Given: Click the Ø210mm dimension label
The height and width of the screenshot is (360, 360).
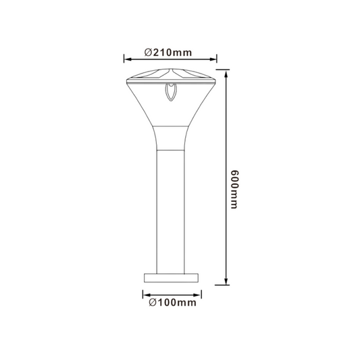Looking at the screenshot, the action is [x=168, y=53].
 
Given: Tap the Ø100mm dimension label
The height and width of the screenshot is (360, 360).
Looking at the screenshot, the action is [x=173, y=303].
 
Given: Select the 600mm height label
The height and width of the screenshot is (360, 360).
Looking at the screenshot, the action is [x=234, y=190].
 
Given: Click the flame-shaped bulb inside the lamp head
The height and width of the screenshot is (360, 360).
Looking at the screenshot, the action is [x=171, y=92].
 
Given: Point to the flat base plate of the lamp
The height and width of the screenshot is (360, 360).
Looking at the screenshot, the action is [x=171, y=278].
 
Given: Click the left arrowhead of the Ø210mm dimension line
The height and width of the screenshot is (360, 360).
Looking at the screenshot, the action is [x=128, y=59].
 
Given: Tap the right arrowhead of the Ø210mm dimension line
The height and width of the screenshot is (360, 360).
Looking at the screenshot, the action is [x=213, y=59].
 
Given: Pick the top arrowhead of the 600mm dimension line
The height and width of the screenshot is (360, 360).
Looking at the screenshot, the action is [x=226, y=74].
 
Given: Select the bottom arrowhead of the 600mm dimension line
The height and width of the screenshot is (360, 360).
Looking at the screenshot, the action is [x=226, y=280].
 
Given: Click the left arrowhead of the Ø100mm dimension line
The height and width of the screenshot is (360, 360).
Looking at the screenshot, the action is [x=147, y=295].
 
